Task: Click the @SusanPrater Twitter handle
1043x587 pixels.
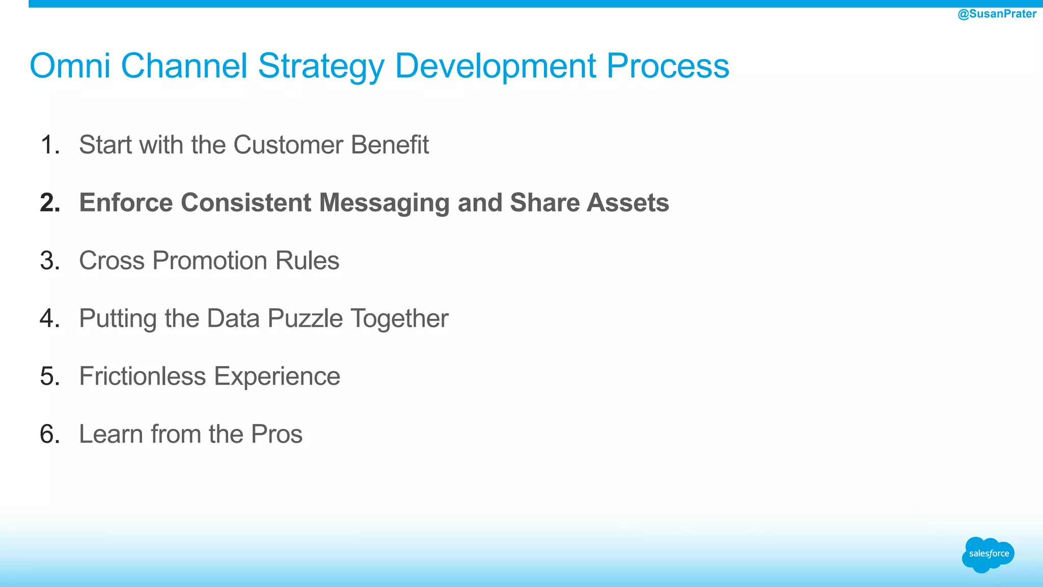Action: [x=997, y=14]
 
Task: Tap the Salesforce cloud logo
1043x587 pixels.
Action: [x=988, y=554]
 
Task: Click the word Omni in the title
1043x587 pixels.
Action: [x=70, y=66]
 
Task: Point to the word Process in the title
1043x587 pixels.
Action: [x=667, y=66]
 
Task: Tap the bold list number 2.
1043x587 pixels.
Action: [x=49, y=203]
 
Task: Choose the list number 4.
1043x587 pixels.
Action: [x=49, y=318]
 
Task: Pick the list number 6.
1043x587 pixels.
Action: [x=49, y=434]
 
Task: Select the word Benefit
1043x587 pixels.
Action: [x=390, y=145]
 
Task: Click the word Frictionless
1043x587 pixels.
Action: [x=143, y=376]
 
